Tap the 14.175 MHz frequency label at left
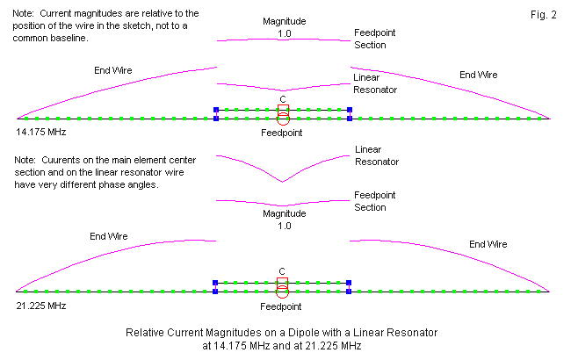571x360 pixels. pyautogui.click(x=40, y=133)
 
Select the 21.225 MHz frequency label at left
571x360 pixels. pyautogui.click(x=40, y=306)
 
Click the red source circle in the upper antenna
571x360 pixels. pyautogui.click(x=282, y=117)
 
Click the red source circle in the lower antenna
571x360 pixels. pyautogui.click(x=282, y=290)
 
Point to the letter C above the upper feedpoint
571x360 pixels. pyautogui.click(x=282, y=99)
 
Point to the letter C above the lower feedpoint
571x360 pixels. pyautogui.click(x=282, y=271)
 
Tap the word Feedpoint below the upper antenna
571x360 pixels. pyautogui.click(x=282, y=133)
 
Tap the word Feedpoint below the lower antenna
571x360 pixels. pyautogui.click(x=282, y=306)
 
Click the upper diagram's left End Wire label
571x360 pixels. pyautogui.click(x=113, y=69)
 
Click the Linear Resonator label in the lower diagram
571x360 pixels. pyautogui.click(x=376, y=155)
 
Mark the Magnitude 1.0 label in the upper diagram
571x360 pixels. pyautogui.click(x=282, y=27)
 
